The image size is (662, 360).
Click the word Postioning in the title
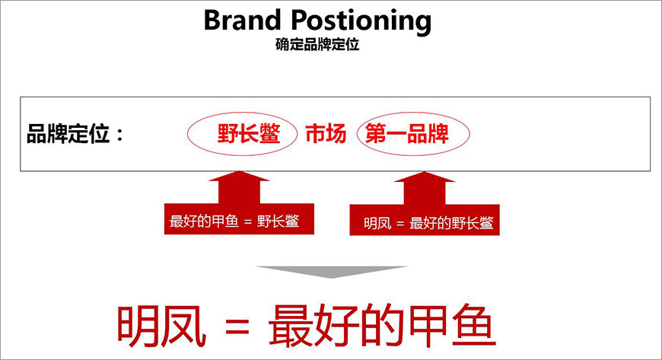click(364, 21)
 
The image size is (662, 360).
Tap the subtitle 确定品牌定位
click(317, 45)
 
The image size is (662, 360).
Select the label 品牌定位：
click(75, 135)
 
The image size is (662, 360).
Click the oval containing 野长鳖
click(242, 135)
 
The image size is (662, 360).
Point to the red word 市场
click(326, 135)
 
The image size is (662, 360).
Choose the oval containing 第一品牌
click(413, 135)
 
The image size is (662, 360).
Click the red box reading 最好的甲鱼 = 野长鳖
click(239, 220)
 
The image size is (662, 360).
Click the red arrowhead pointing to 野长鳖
click(239, 181)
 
